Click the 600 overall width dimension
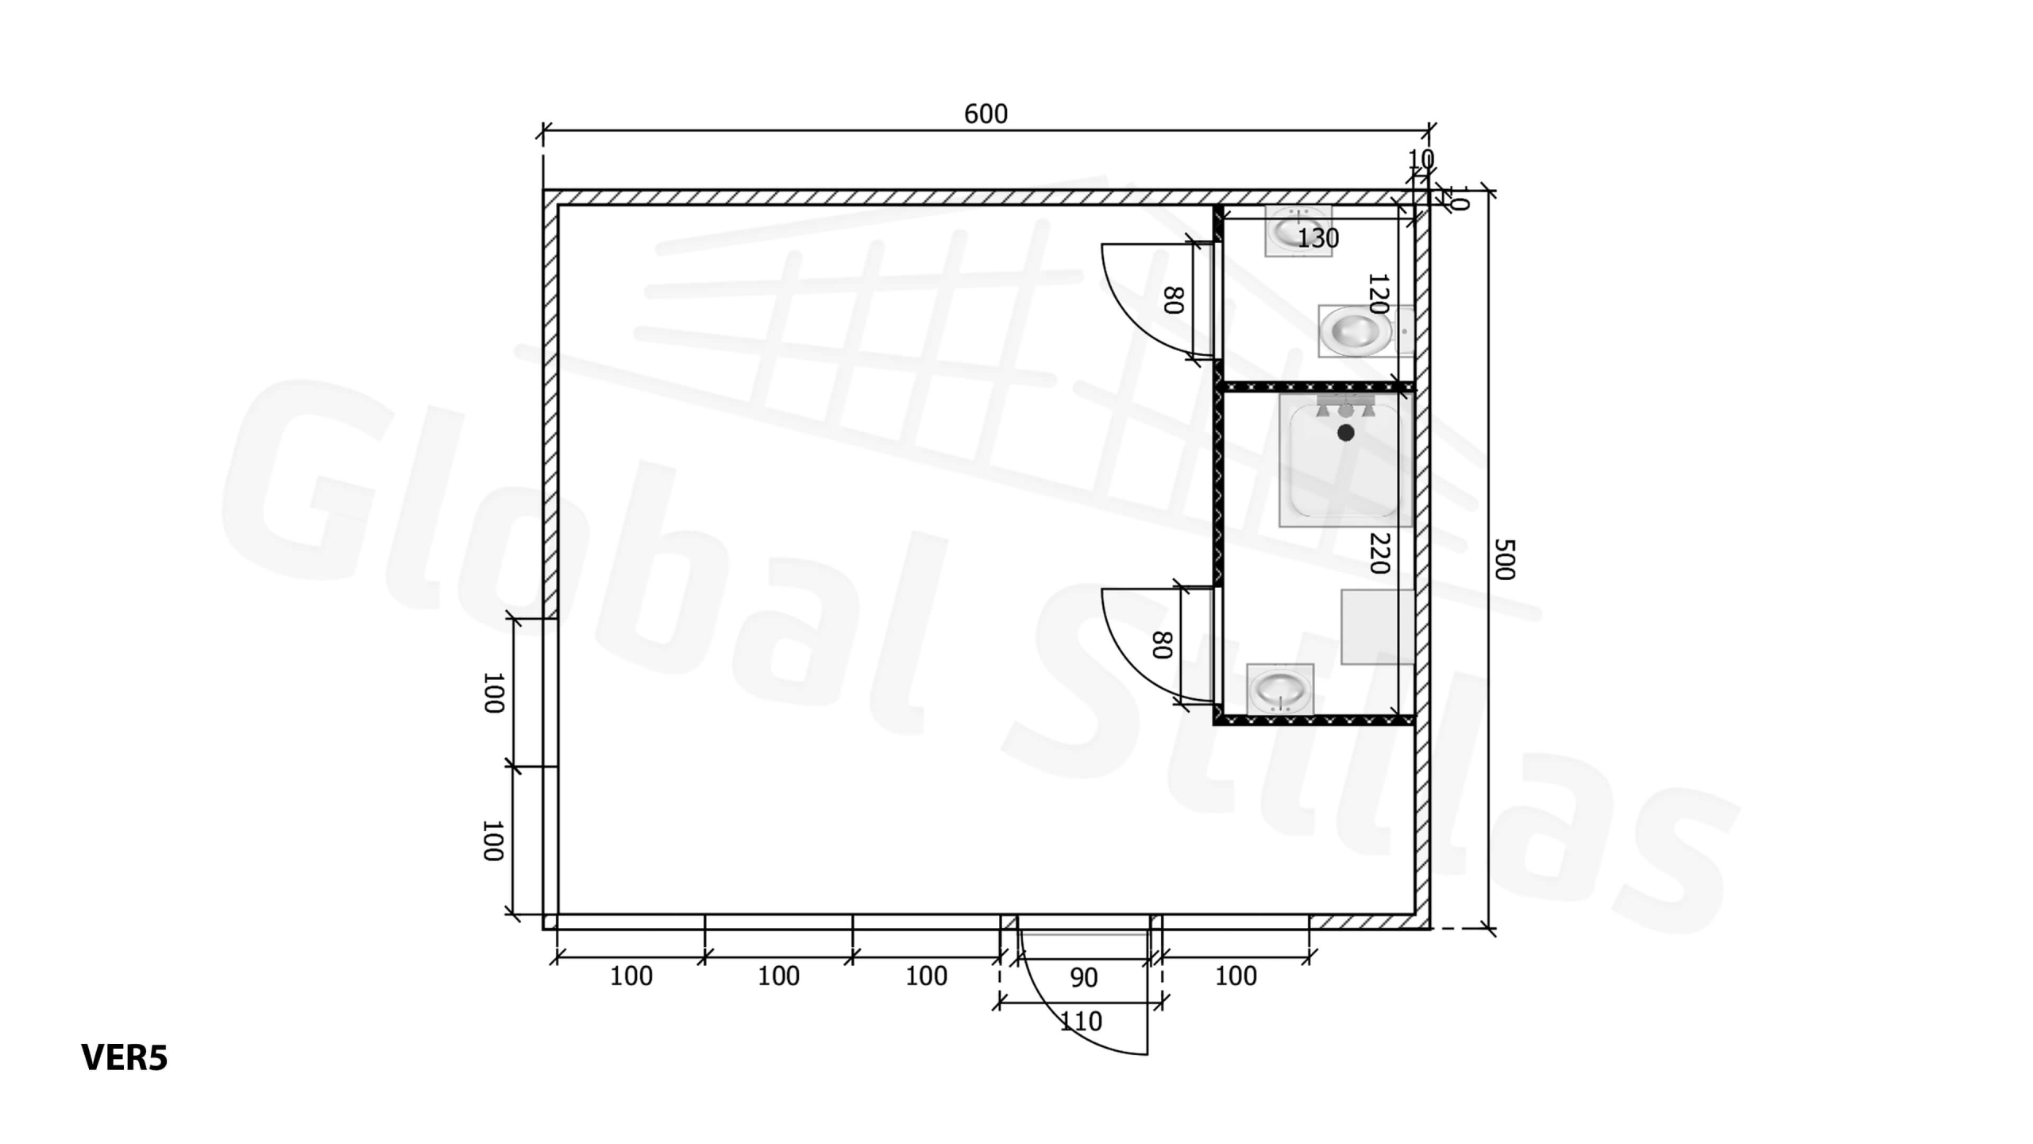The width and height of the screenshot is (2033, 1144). [x=986, y=114]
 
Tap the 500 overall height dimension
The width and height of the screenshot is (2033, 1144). [x=1504, y=559]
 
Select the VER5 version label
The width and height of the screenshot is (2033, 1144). [x=125, y=1057]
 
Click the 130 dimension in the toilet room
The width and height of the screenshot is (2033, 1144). [x=1318, y=238]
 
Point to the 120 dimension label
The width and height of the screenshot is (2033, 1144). [x=1378, y=294]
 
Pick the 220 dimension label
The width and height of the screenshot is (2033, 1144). [x=1379, y=553]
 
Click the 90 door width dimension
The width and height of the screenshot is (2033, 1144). [x=1084, y=978]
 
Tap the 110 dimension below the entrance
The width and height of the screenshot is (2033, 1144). [x=1081, y=1021]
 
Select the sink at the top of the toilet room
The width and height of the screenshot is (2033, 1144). [x=1298, y=231]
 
